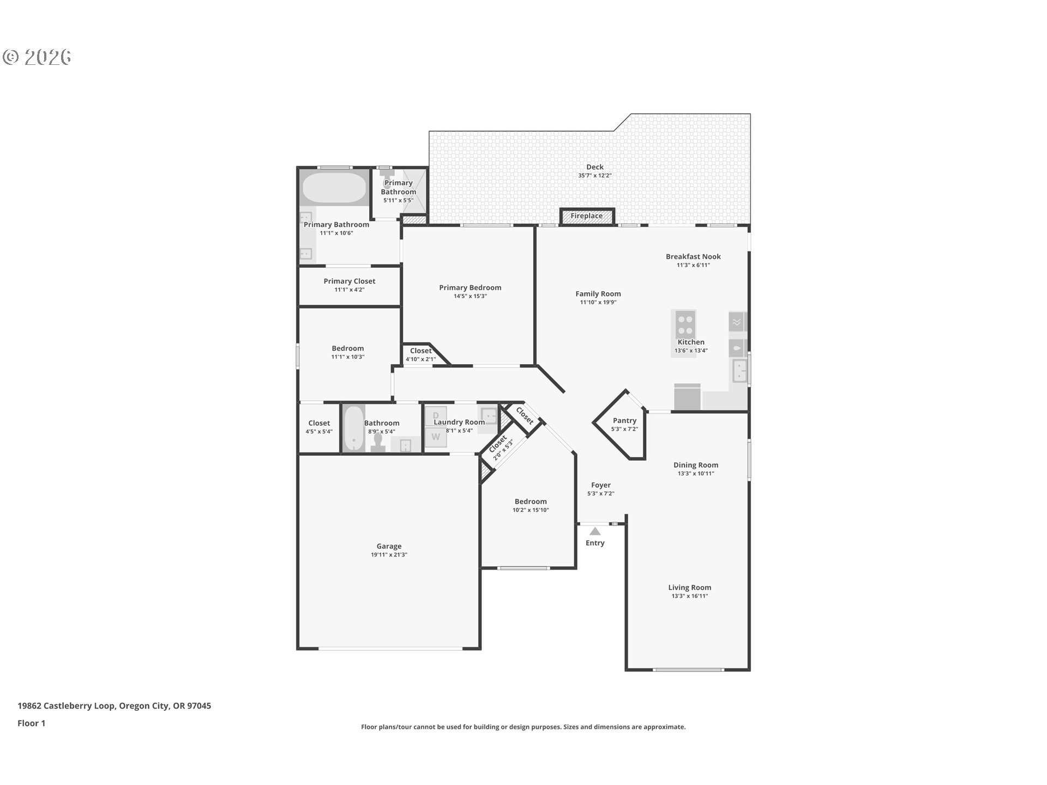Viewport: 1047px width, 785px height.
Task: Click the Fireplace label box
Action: click(x=587, y=216)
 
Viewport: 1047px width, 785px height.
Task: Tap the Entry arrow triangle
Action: click(x=595, y=531)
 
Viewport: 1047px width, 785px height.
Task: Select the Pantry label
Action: click(x=624, y=420)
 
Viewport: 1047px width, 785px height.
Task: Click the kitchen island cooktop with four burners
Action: click(x=685, y=325)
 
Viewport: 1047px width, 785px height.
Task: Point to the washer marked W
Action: click(x=436, y=437)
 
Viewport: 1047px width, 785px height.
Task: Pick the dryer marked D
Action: click(x=436, y=416)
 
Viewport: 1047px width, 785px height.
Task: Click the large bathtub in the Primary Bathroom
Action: click(x=334, y=188)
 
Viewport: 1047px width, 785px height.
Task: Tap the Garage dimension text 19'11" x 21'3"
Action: click(x=389, y=555)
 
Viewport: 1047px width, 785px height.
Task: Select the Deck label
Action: click(x=594, y=167)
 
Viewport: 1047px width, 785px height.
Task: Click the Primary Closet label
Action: click(x=349, y=281)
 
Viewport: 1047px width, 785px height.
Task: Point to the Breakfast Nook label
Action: click(x=693, y=256)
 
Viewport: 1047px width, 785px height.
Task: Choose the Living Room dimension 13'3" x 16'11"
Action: click(x=689, y=596)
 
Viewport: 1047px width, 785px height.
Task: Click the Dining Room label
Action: click(x=695, y=465)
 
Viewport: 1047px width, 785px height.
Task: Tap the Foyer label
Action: click(x=600, y=485)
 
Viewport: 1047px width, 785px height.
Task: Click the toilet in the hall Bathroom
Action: click(x=377, y=443)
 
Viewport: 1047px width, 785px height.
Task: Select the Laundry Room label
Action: click(x=459, y=422)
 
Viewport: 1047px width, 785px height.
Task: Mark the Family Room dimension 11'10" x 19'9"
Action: click(x=598, y=302)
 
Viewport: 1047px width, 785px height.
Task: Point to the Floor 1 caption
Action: click(x=31, y=723)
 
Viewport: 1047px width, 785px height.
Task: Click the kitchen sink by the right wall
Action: click(x=739, y=371)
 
